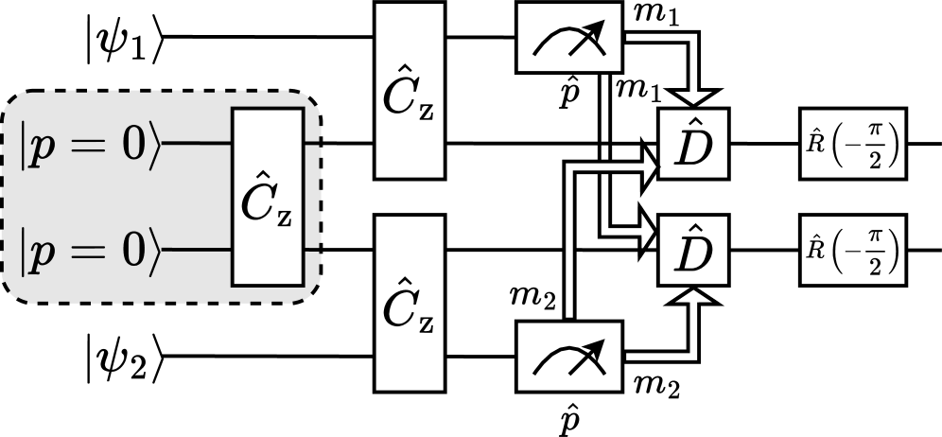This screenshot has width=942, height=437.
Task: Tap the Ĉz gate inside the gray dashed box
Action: point(268,197)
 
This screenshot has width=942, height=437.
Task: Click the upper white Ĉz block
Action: point(410,91)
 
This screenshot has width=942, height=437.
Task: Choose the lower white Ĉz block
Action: point(410,304)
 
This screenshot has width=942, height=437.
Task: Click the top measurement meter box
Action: point(569,37)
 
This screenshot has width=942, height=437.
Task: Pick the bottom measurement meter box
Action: point(569,357)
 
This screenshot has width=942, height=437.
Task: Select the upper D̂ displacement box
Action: point(693,144)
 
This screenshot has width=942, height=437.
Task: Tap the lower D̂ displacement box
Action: point(693,251)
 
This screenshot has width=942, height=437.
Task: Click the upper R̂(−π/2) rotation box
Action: point(853,144)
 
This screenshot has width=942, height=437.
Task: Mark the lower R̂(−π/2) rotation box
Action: point(853,251)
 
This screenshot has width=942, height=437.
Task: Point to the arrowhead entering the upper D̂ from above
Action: point(696,97)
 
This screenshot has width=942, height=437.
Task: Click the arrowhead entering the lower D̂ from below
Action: point(696,297)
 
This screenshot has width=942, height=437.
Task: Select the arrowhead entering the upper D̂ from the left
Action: point(649,168)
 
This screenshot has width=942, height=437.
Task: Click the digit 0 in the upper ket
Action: point(130,144)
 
